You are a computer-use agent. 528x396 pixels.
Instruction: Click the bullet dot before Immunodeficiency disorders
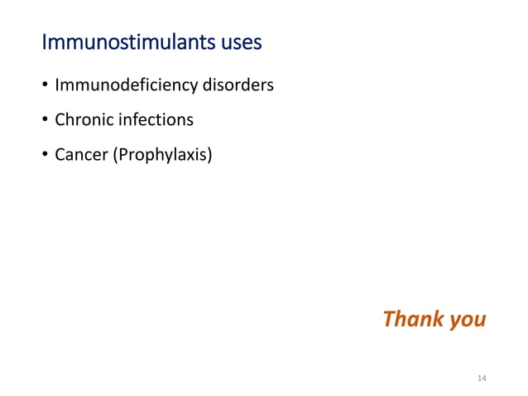point(44,86)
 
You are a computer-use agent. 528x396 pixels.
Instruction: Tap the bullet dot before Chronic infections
point(44,121)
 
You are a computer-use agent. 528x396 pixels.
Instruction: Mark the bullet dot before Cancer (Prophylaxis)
point(44,156)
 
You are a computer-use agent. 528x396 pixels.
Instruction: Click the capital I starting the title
point(44,41)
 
